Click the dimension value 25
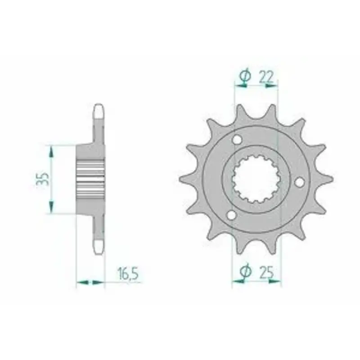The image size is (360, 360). click(x=267, y=273)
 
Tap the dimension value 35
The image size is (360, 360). click(x=42, y=179)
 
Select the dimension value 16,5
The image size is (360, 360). click(x=128, y=274)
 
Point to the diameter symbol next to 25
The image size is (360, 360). click(x=245, y=272)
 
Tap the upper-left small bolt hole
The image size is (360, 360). click(x=237, y=139)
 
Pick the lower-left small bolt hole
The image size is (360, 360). click(x=231, y=215)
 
